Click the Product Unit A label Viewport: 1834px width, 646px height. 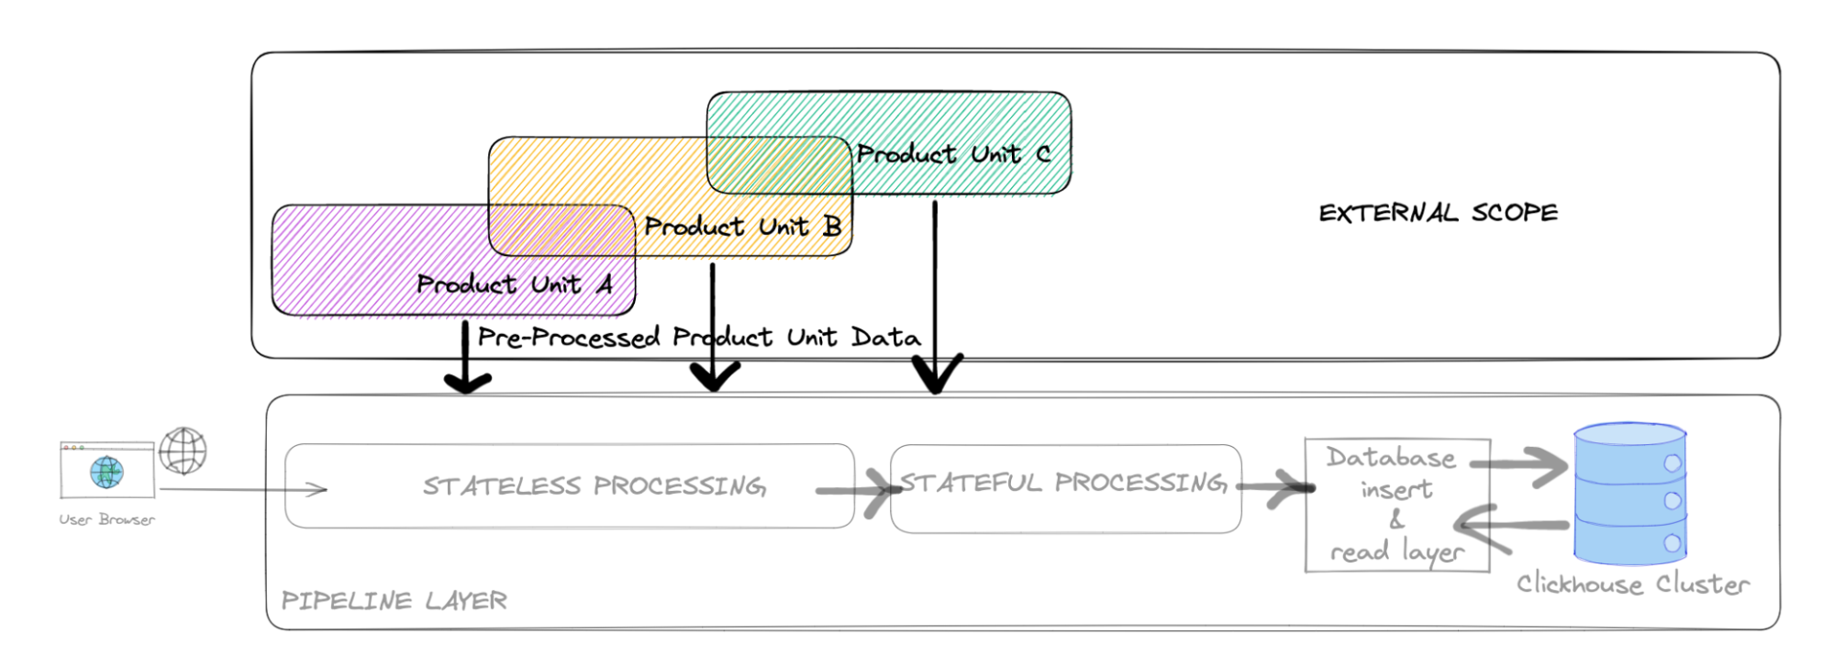pos(514,284)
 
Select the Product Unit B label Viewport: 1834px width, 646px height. pos(742,227)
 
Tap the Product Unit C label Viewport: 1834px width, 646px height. pos(953,154)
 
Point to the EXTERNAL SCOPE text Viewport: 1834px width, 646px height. pos(1438,213)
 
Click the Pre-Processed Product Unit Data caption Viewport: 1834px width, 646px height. pos(698,338)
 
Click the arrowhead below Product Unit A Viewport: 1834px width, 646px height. pos(467,380)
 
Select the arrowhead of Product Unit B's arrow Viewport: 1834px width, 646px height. pos(715,376)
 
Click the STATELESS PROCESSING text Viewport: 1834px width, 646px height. pos(594,486)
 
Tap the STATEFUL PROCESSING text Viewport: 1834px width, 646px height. pos(1062,483)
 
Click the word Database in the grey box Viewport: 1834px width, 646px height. pos(1390,458)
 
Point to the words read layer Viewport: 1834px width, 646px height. pos(1396,552)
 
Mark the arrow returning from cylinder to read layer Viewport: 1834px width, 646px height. pos(1509,527)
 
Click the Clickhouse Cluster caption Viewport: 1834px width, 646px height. pos(1632,585)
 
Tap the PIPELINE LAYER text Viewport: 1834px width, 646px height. pos(394,601)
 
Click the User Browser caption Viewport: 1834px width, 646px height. pos(106,519)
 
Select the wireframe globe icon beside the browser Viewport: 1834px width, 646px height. pos(183,451)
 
